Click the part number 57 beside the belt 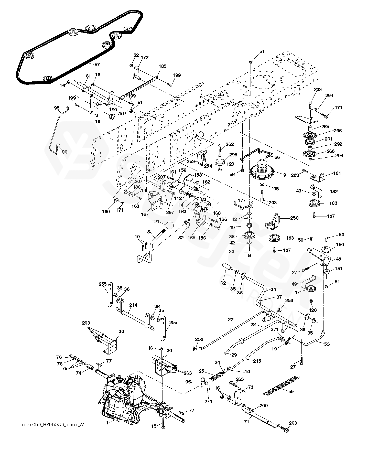97,65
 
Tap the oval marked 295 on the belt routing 90,28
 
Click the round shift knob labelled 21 169,226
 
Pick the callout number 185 163,66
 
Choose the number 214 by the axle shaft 133,305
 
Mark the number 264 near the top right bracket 329,95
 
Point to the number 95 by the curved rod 57,108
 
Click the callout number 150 340,245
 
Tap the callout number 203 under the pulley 272,202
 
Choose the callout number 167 145,214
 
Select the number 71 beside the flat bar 246,422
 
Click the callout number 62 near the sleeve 223,283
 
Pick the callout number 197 122,113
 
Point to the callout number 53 327,344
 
